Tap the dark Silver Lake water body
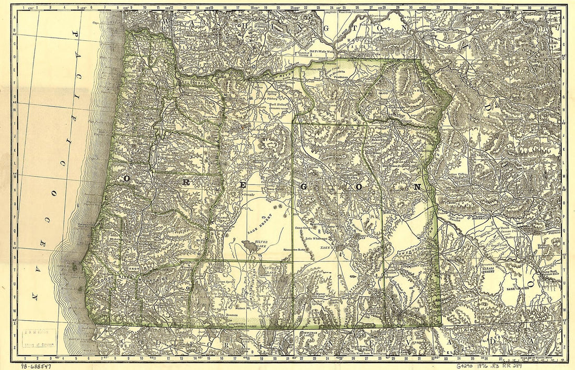point(250,245)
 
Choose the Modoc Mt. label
point(242,308)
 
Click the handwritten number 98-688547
point(35,365)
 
